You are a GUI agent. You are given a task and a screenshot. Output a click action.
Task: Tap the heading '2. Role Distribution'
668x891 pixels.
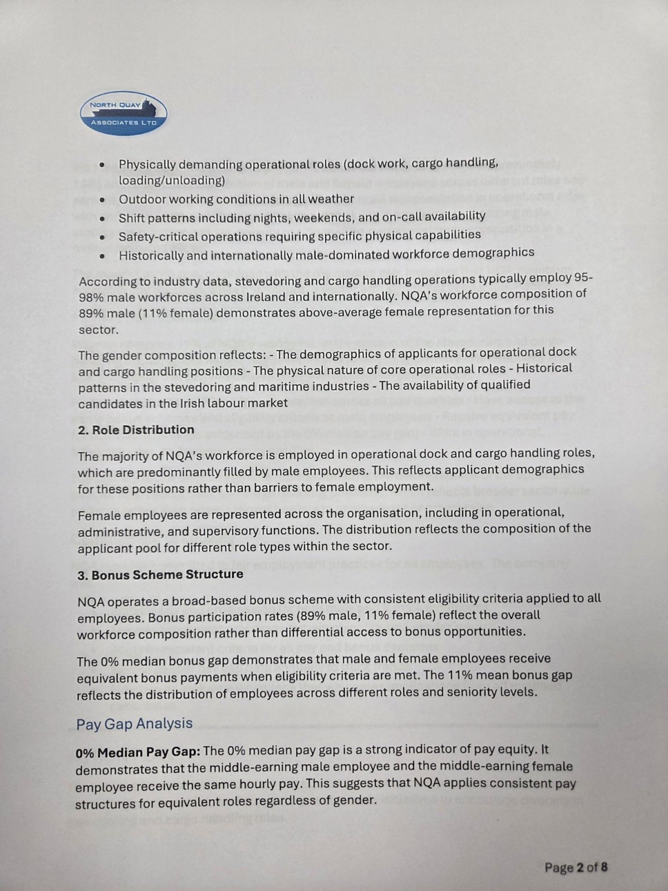(x=136, y=430)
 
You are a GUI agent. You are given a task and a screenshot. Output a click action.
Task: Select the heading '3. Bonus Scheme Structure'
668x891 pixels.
(x=160, y=574)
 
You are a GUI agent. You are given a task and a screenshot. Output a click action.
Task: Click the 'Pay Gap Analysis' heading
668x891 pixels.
(x=134, y=723)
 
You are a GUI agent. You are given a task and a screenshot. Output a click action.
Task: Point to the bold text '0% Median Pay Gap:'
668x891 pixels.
(x=138, y=752)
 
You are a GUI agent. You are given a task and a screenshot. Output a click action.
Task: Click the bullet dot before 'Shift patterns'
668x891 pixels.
(x=102, y=218)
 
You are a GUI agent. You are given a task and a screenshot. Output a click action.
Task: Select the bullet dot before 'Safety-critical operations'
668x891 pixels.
(x=102, y=237)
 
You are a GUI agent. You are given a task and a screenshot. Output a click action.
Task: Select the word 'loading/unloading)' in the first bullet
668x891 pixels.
(x=171, y=181)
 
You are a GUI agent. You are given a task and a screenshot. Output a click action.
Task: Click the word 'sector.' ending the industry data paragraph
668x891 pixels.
(x=95, y=330)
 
